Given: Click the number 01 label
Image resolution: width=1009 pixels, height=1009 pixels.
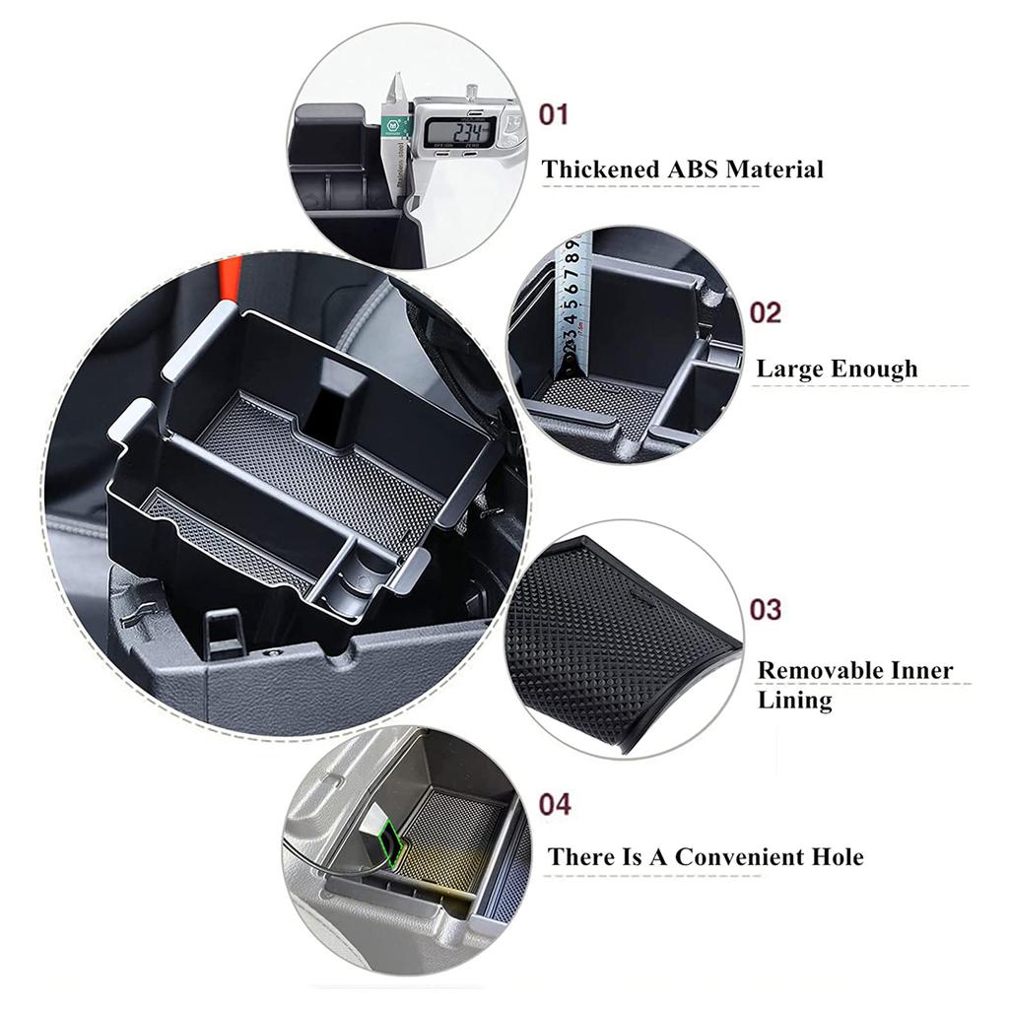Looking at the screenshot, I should [x=554, y=115].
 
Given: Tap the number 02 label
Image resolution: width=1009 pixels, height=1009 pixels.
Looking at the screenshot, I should [x=765, y=312].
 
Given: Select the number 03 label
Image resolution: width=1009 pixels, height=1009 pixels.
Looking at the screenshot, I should [x=765, y=609].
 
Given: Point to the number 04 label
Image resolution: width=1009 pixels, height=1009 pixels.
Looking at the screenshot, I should [x=555, y=805].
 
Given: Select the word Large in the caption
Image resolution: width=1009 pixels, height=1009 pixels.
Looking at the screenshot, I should [x=789, y=370].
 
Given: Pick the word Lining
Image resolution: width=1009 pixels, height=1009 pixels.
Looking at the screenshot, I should [x=794, y=701].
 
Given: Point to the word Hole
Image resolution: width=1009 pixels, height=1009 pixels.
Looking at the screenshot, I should [x=834, y=857].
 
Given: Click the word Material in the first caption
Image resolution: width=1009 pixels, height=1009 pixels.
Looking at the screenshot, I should [x=774, y=169].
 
